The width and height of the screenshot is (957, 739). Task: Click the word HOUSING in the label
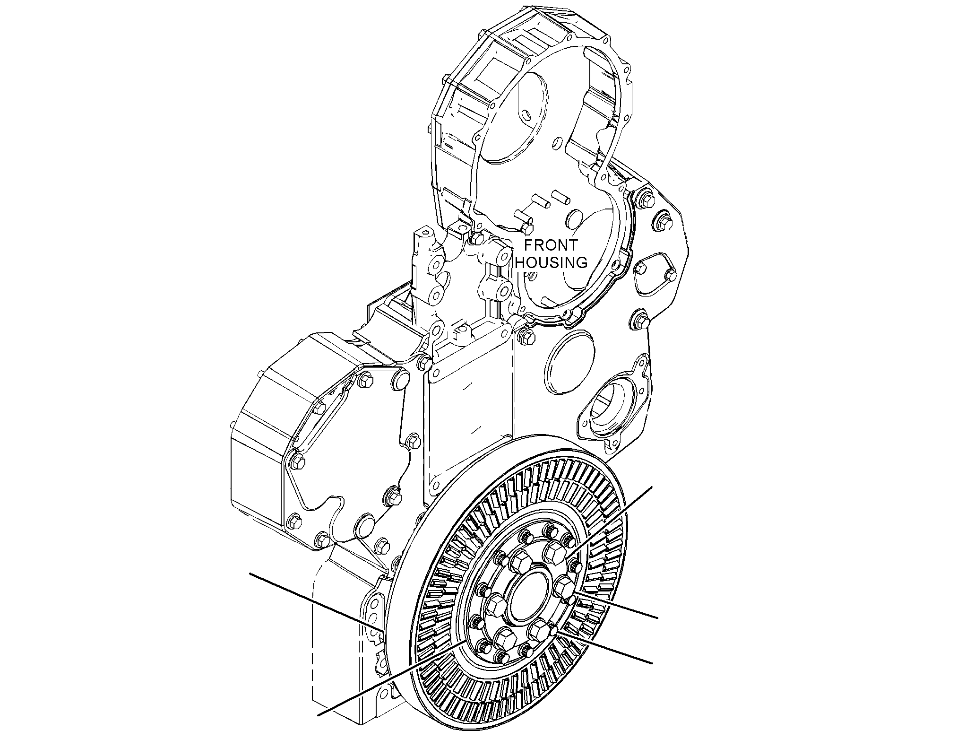click(x=551, y=262)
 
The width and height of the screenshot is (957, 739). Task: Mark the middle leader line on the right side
click(x=615, y=604)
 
